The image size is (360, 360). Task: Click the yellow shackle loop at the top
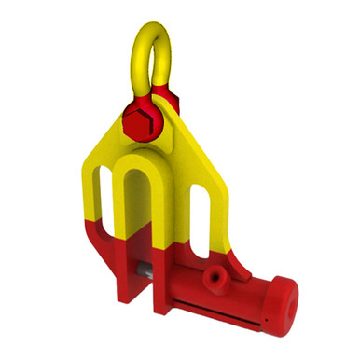click(x=149, y=42)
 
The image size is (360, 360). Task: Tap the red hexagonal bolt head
click(x=137, y=119)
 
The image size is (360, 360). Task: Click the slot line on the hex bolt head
click(x=138, y=120)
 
